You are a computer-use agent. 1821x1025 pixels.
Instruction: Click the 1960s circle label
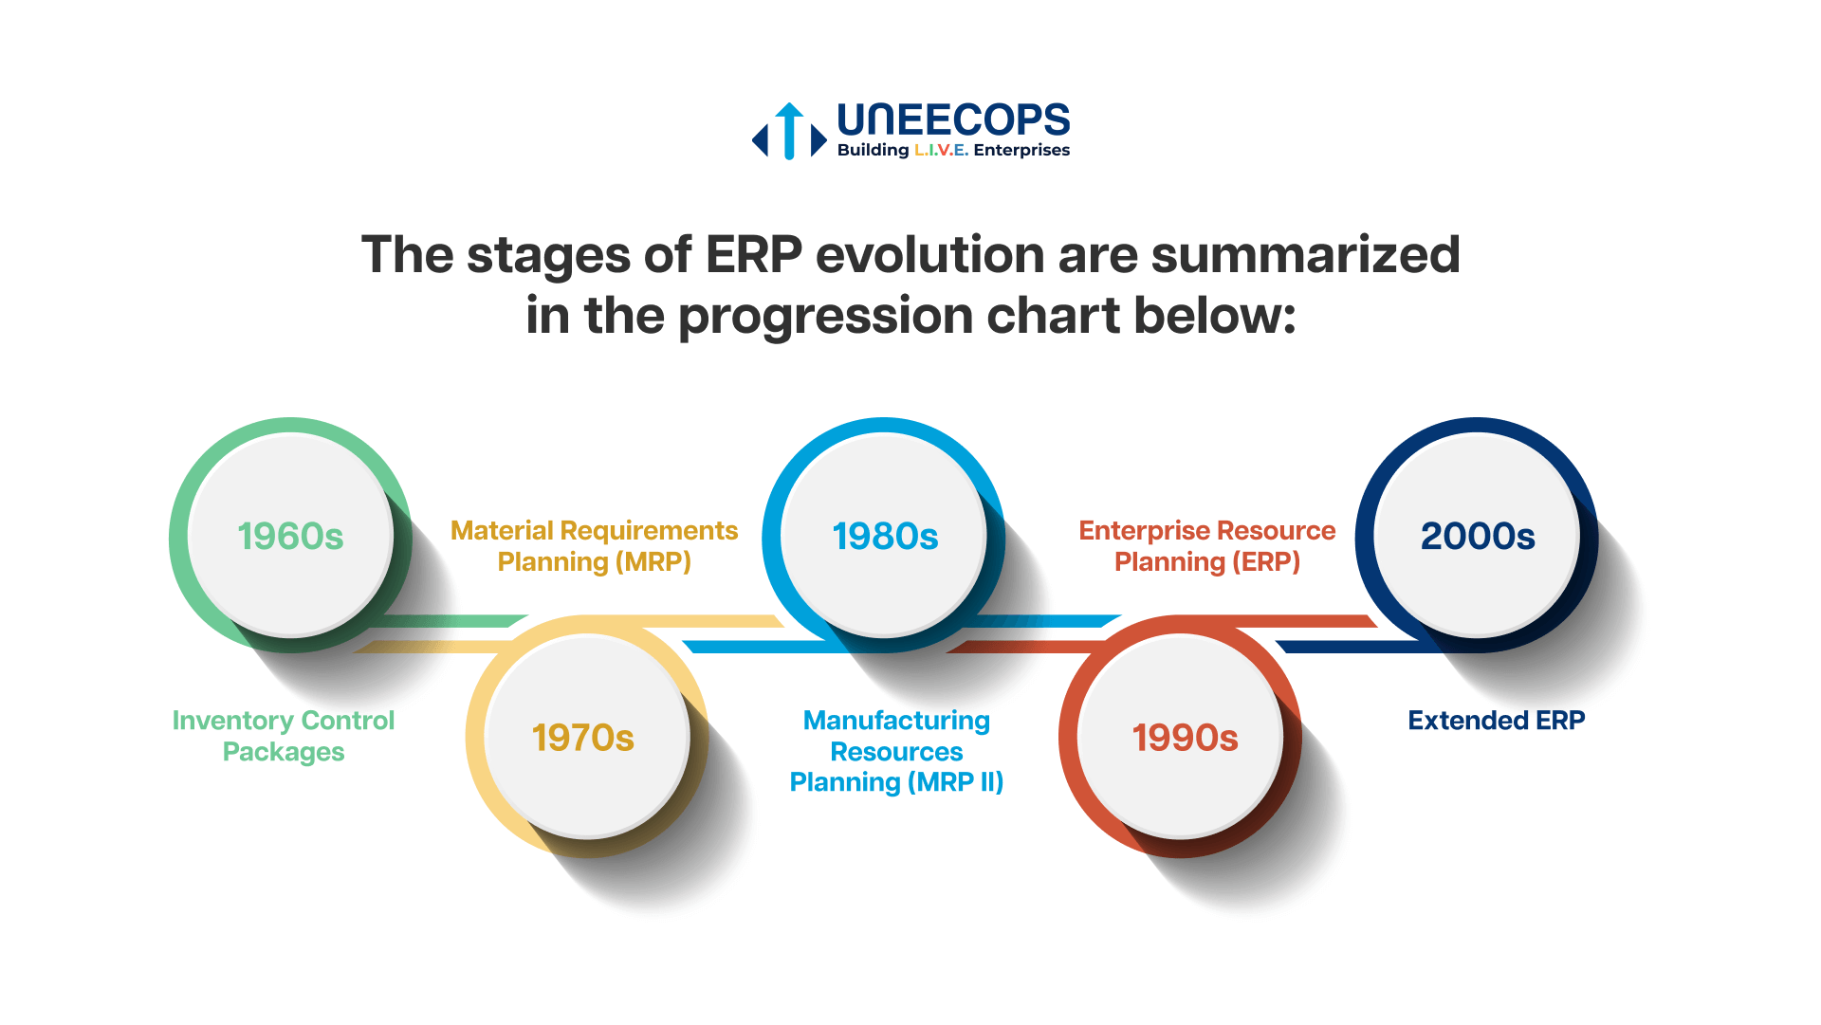pos(290,537)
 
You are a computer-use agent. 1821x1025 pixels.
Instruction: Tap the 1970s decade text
pos(582,738)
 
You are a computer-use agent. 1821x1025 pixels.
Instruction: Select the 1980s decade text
pos(885,537)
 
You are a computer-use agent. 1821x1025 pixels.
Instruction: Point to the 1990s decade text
pos(1185,738)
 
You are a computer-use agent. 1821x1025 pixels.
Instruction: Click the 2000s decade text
pos(1477,537)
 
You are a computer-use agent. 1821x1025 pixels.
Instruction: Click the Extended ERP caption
pos(1496,721)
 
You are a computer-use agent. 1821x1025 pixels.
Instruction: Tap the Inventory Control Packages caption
pos(283,736)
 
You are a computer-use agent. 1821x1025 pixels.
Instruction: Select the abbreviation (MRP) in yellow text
pos(653,562)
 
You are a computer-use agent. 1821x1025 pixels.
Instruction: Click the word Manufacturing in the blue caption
pos(896,721)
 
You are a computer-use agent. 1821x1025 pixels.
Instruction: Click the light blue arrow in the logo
pos(789,131)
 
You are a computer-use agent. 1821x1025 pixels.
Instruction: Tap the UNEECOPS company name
pos(953,120)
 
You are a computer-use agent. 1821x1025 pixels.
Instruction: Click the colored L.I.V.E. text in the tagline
pos(941,151)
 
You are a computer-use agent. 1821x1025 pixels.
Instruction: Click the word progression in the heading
pos(826,316)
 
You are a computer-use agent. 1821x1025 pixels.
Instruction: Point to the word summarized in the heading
pos(1305,255)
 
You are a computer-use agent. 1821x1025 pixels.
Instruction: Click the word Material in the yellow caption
pos(502,531)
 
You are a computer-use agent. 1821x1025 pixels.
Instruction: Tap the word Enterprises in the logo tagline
pos(1021,151)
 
